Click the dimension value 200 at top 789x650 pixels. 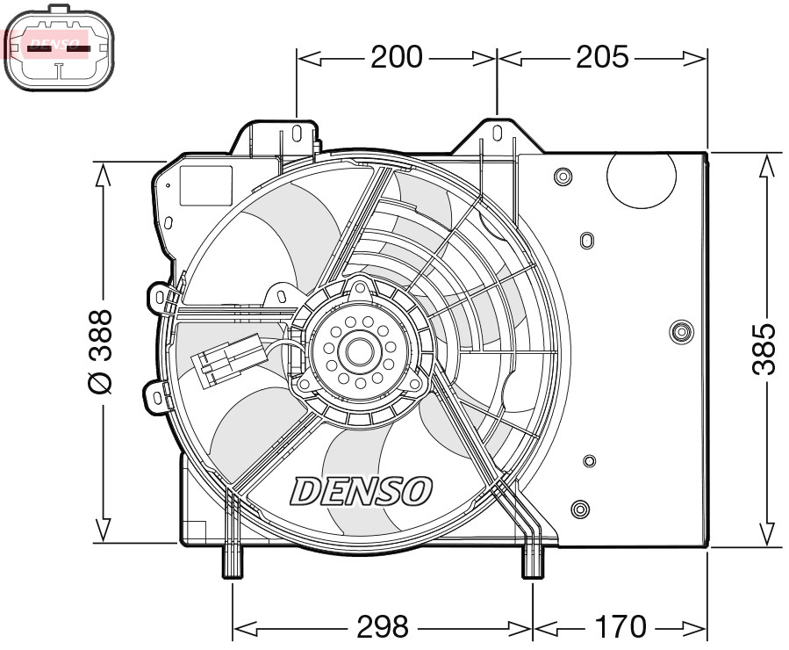pos(396,58)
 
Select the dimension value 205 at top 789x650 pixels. pos(602,58)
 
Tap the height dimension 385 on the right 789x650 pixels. pos(765,349)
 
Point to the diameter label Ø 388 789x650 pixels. pos(102,350)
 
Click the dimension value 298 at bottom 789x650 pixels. pos(383,627)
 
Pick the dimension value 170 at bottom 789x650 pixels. pos(620,627)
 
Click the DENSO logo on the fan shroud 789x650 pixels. pos(361,491)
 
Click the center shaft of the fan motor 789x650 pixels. pos(359,350)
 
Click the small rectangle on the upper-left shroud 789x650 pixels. pos(205,185)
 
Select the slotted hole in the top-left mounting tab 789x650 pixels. pos(298,134)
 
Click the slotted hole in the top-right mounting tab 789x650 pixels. pos(497,134)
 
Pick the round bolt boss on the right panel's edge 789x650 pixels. pos(678,331)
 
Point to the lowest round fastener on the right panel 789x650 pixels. pos(578,509)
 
